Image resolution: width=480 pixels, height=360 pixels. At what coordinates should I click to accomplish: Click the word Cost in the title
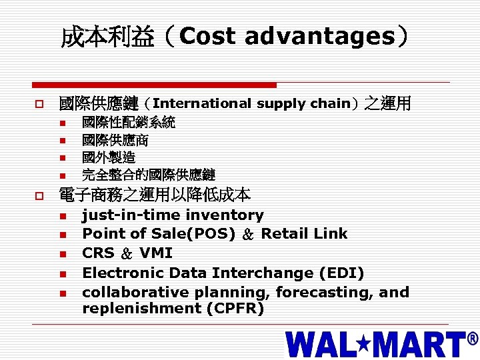click(x=207, y=37)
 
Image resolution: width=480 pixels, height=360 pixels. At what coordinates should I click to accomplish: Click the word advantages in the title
click(x=320, y=37)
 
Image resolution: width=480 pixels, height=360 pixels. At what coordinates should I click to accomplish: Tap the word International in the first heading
click(x=202, y=103)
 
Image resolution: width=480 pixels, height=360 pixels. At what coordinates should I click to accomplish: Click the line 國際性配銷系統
click(x=129, y=123)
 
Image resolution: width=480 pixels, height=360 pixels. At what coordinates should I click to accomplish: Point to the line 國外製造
click(x=109, y=158)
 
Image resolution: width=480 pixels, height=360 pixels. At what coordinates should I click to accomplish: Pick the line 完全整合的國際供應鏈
click(x=149, y=175)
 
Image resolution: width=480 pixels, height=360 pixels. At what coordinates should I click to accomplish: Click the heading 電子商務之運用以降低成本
click(x=155, y=195)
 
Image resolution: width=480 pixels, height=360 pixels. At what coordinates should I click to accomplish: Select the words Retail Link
click(x=304, y=233)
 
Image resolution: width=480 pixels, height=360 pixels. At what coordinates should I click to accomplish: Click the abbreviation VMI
click(x=156, y=253)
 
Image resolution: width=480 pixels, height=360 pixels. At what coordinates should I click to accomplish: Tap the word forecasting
click(x=325, y=292)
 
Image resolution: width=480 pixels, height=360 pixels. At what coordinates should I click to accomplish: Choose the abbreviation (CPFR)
click(x=235, y=308)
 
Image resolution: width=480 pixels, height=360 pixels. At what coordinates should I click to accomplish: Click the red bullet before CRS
click(x=63, y=253)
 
